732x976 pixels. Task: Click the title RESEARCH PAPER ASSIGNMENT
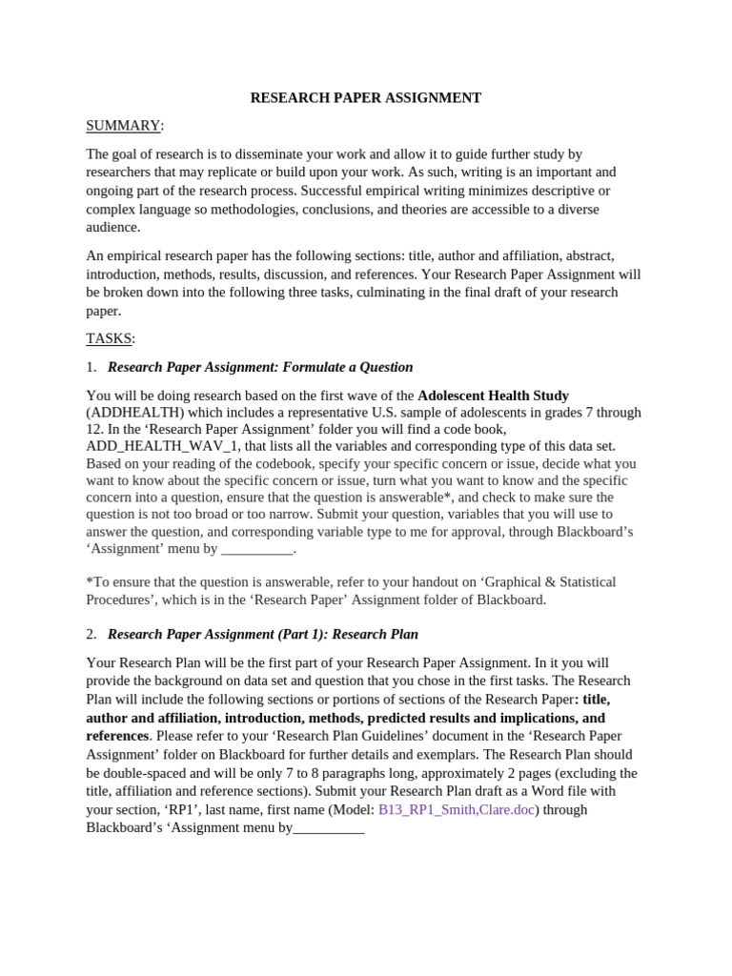(x=365, y=98)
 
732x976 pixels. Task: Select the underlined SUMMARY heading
(x=123, y=126)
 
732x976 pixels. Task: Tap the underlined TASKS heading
(x=110, y=338)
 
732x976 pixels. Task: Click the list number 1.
(x=91, y=367)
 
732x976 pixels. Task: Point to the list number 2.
(x=91, y=634)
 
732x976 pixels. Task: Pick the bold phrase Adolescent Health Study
(x=493, y=396)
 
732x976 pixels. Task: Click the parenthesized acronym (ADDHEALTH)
(x=134, y=413)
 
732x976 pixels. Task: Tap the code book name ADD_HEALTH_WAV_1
(x=163, y=446)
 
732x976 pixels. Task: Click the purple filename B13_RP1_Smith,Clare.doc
(x=456, y=809)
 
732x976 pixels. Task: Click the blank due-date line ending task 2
(x=329, y=828)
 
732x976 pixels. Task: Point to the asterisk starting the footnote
(x=89, y=581)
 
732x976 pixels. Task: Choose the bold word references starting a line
(x=117, y=736)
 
